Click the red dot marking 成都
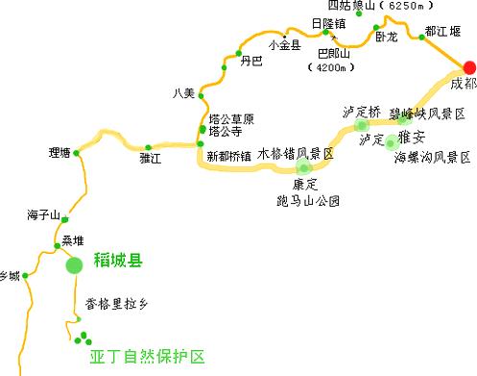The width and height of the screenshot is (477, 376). click(469, 66)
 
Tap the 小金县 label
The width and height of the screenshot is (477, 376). click(285, 45)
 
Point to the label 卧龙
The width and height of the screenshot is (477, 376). click(386, 39)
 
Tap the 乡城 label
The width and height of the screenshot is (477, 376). click(9, 276)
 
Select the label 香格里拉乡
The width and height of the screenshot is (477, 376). click(118, 304)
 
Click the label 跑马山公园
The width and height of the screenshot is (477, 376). click(306, 200)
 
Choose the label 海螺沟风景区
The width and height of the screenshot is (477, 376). click(432, 155)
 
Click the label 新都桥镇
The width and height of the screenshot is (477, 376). click(228, 155)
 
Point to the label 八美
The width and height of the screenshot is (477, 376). click(183, 93)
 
